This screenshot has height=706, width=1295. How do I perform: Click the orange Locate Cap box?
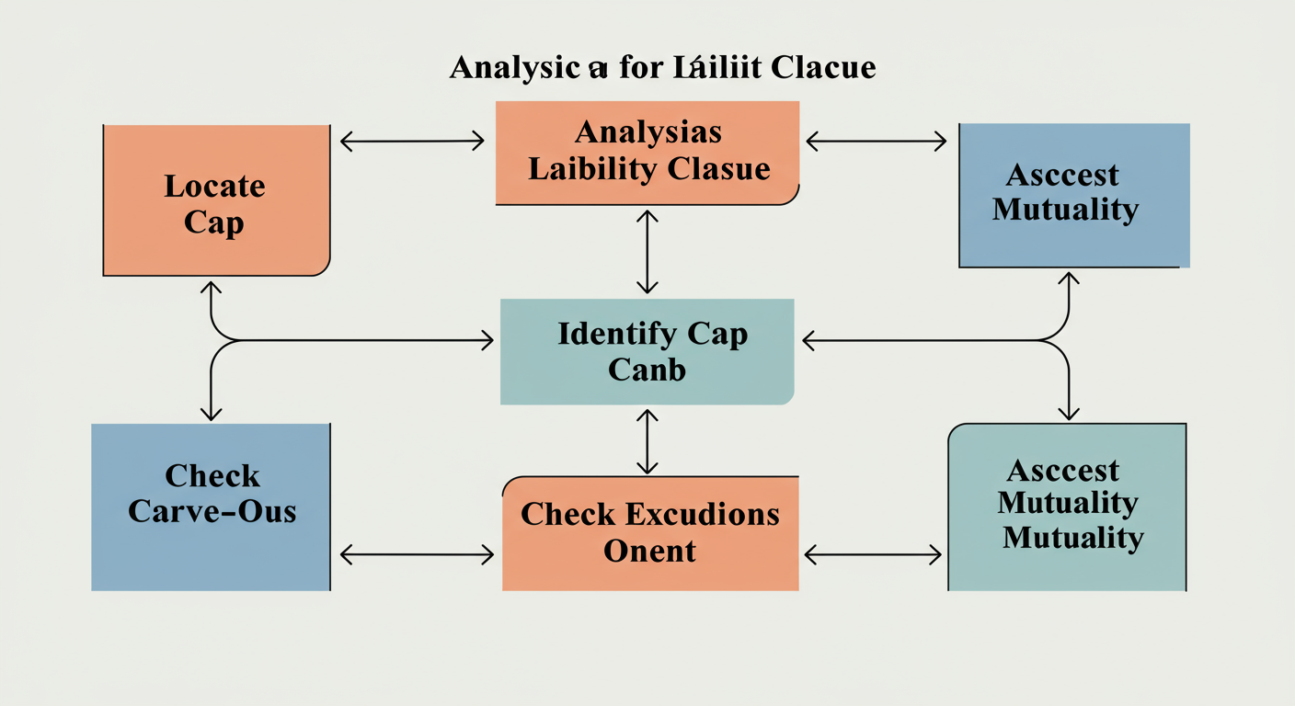[216, 200]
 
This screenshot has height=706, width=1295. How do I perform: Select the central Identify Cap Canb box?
[647, 351]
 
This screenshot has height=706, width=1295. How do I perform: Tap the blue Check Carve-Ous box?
[211, 507]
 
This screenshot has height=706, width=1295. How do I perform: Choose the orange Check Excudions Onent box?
[650, 533]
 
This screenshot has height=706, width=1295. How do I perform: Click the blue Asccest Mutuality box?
[1073, 195]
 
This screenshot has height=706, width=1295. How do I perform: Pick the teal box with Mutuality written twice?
[1067, 507]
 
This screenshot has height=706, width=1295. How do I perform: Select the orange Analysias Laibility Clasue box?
[647, 152]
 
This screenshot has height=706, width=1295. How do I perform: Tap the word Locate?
[214, 186]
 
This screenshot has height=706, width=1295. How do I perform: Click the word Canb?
[647, 370]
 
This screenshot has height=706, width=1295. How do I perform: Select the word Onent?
[649, 551]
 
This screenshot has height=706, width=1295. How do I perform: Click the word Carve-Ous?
[212, 510]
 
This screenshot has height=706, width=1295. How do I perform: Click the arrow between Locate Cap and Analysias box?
[412, 141]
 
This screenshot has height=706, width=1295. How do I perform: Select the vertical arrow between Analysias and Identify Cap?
[647, 251]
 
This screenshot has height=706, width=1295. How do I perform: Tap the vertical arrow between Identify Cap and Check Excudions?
[647, 442]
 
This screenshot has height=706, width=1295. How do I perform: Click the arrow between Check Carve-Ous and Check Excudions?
[417, 554]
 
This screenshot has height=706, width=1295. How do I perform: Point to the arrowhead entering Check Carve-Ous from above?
[212, 414]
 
